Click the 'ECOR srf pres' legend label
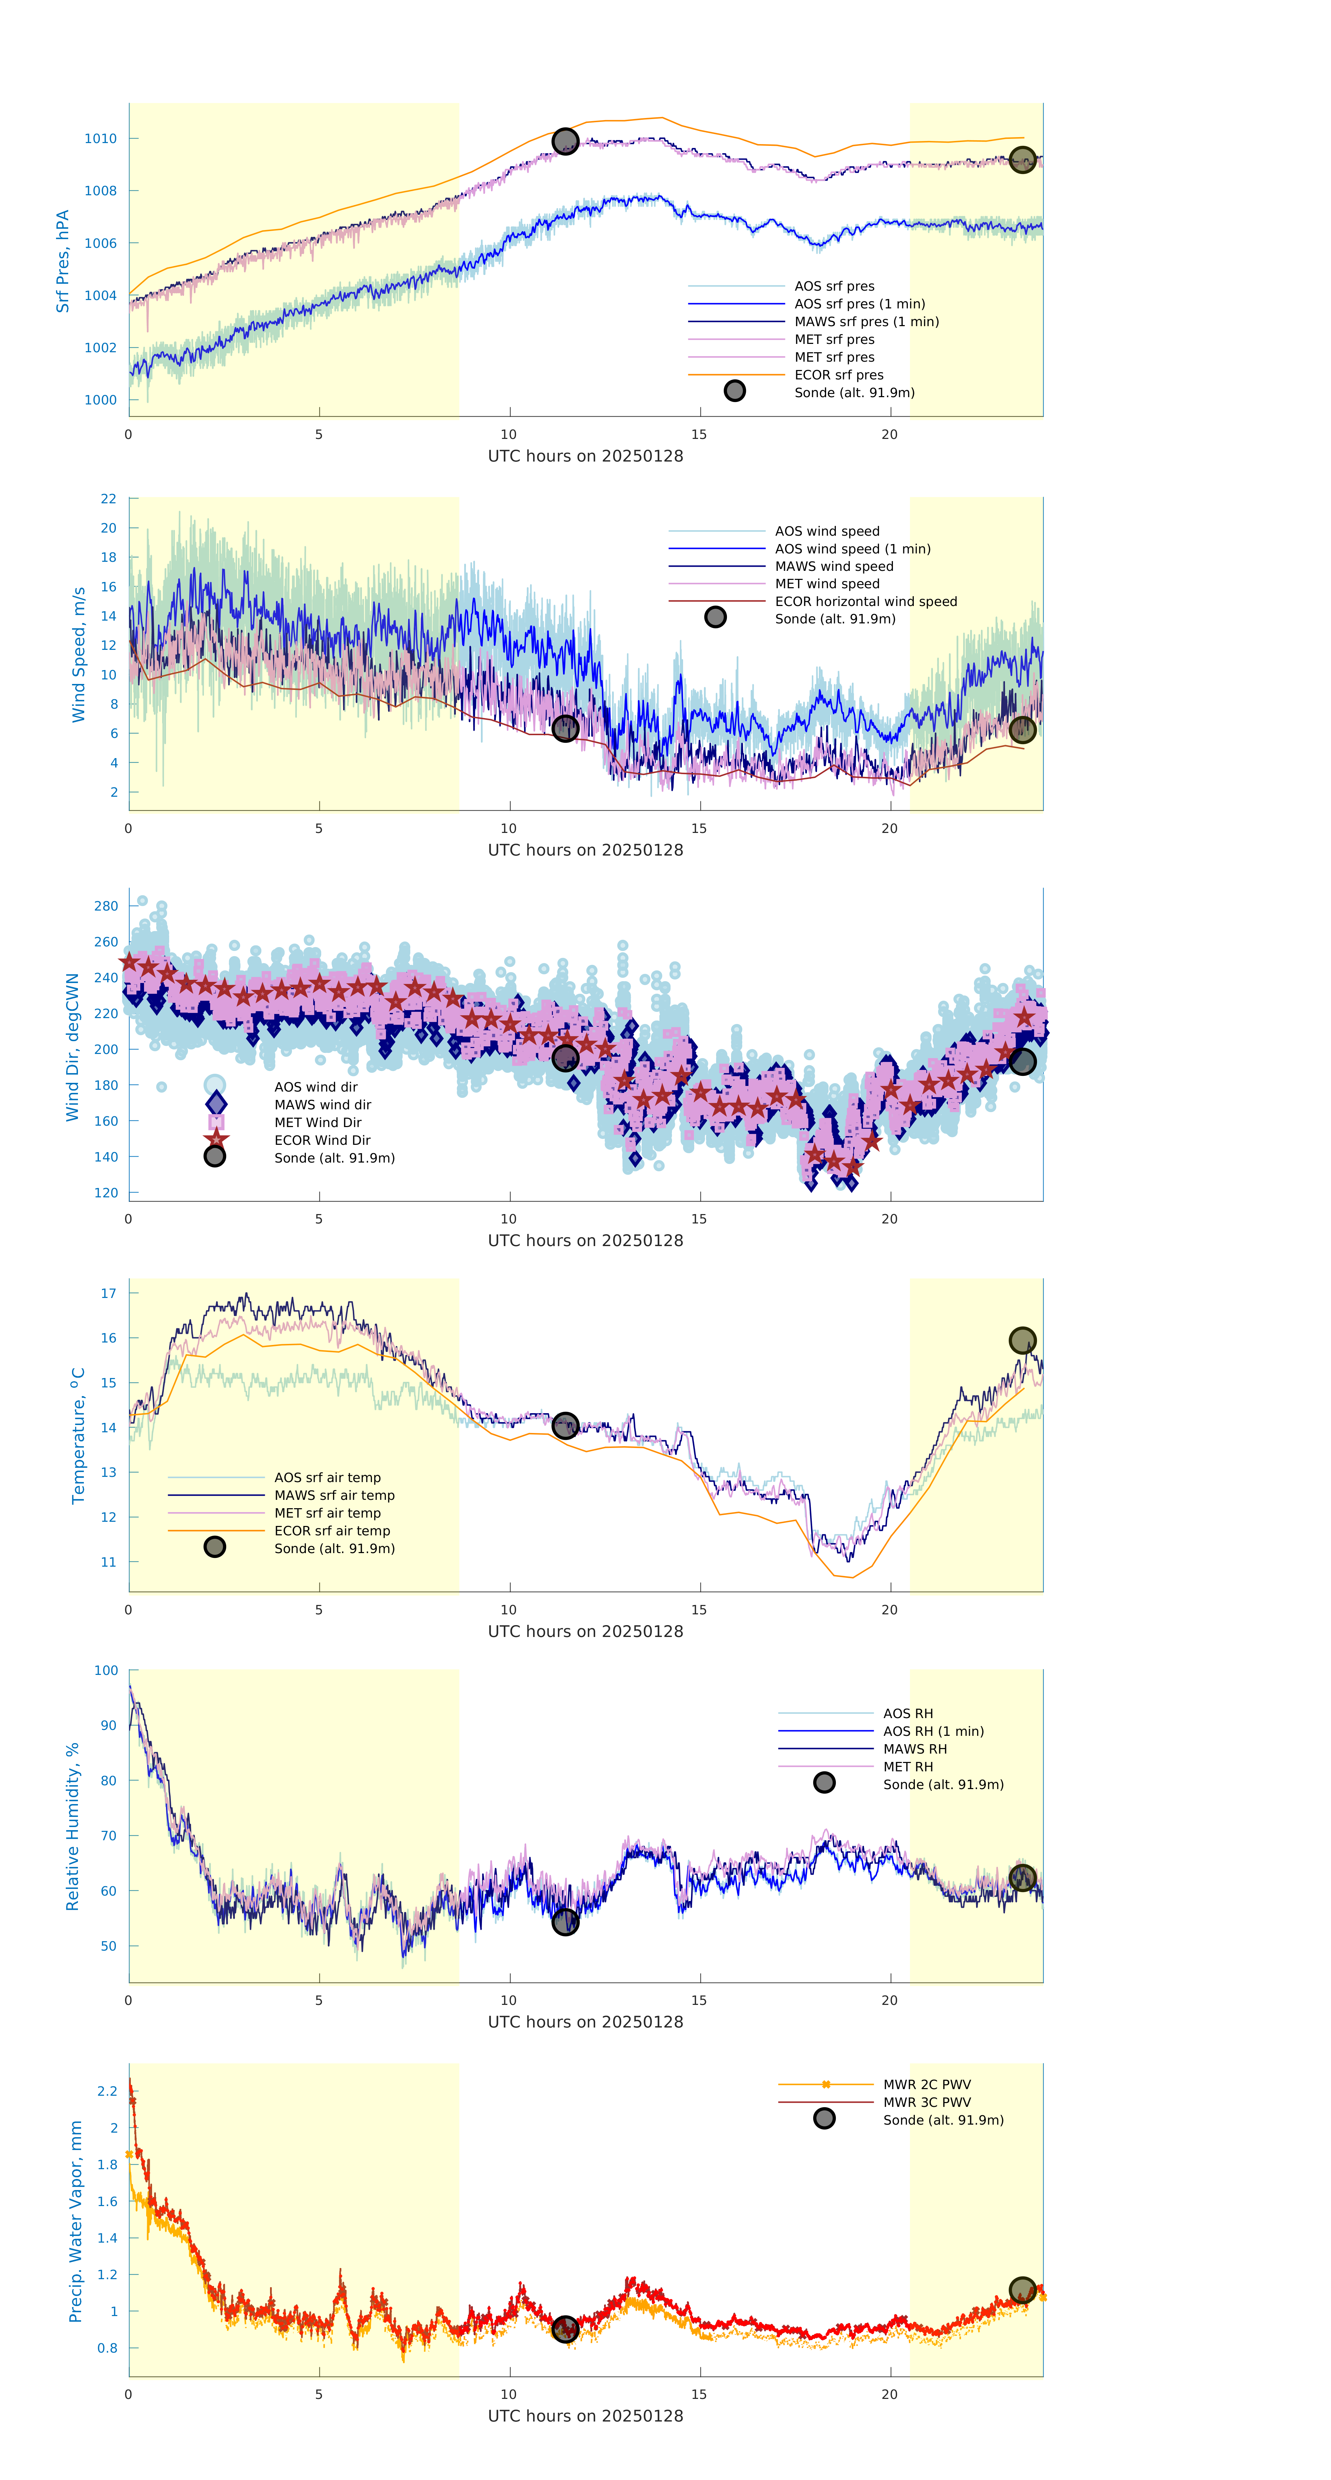(838, 375)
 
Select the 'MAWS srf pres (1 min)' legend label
(866, 322)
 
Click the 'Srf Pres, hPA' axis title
(63, 261)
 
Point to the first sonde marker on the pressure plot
(565, 142)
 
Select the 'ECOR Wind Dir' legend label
(323, 1140)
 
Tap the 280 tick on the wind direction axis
(106, 906)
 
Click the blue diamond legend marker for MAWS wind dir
(216, 1103)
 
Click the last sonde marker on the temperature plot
(1022, 1340)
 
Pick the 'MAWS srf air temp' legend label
(334, 1495)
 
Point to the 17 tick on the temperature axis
(109, 1293)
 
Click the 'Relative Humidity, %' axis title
(72, 1826)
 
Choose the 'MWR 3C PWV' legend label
(927, 2102)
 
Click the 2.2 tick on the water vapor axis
(107, 2091)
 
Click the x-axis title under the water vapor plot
(585, 2416)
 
